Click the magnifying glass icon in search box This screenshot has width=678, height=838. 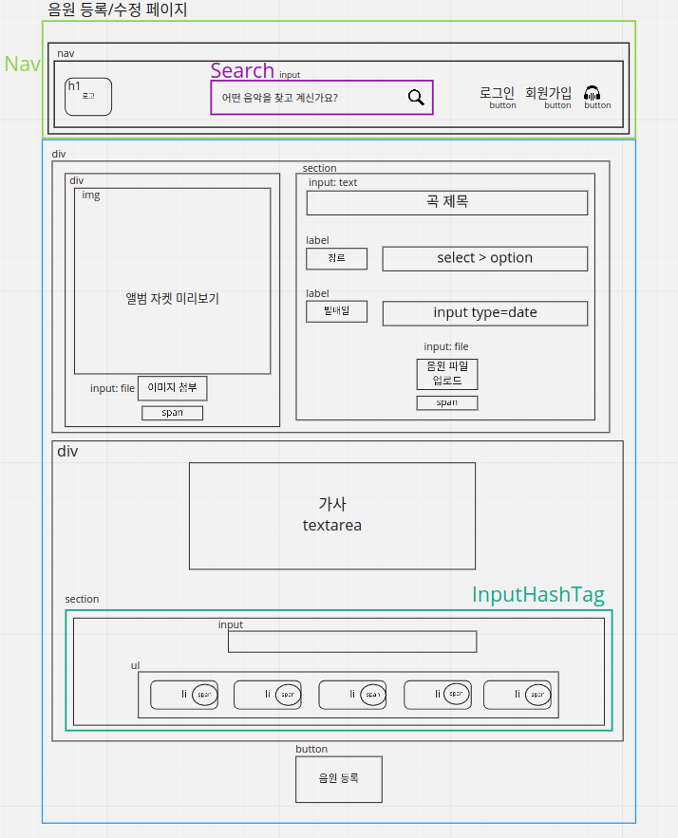pos(416,97)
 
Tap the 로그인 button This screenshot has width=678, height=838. pos(497,93)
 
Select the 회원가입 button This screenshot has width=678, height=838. pos(549,93)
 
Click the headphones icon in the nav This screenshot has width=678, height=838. pos(593,93)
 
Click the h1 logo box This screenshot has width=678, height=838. pos(88,97)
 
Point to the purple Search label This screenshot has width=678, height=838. pos(242,70)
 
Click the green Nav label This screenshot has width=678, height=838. pos(22,64)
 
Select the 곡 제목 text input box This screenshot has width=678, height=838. pos(446,202)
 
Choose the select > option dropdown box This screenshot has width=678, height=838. pos(484,258)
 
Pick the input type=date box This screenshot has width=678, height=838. pos(484,313)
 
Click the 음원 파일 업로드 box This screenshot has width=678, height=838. pos(446,374)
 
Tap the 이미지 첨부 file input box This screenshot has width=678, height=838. pos(172,388)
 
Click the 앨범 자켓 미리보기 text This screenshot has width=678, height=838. pos(172,298)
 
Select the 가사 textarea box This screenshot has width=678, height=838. pos(332,515)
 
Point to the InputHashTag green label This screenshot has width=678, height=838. pos(537,595)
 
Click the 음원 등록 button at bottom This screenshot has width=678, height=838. pos(338,778)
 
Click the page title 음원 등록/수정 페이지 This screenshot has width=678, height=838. pos(117,10)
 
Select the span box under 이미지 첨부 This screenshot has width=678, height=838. pos(172,413)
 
